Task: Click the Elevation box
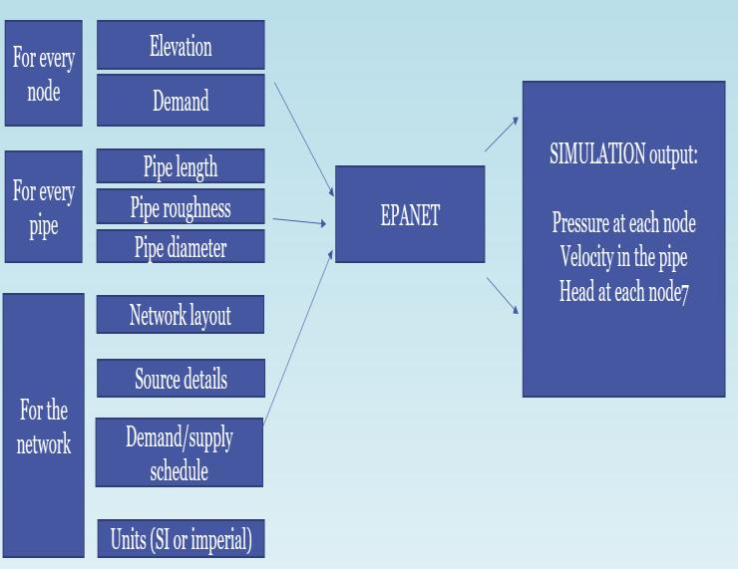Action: click(x=181, y=46)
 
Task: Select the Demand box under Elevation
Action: click(x=181, y=100)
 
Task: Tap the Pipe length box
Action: click(x=181, y=166)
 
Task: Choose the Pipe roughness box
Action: click(x=181, y=207)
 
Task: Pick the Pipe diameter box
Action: click(x=181, y=247)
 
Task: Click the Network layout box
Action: click(x=181, y=315)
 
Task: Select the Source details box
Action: click(x=181, y=379)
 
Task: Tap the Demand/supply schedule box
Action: click(x=180, y=452)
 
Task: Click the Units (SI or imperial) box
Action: click(x=181, y=539)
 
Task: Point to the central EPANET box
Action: click(x=410, y=214)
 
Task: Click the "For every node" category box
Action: click(x=44, y=74)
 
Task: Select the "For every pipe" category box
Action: click(x=44, y=207)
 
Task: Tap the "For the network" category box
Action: click(x=44, y=426)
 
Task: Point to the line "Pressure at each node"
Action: click(x=623, y=222)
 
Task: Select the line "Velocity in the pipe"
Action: click(x=623, y=257)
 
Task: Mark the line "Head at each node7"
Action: click(x=623, y=292)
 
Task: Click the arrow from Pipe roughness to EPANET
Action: click(x=299, y=222)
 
